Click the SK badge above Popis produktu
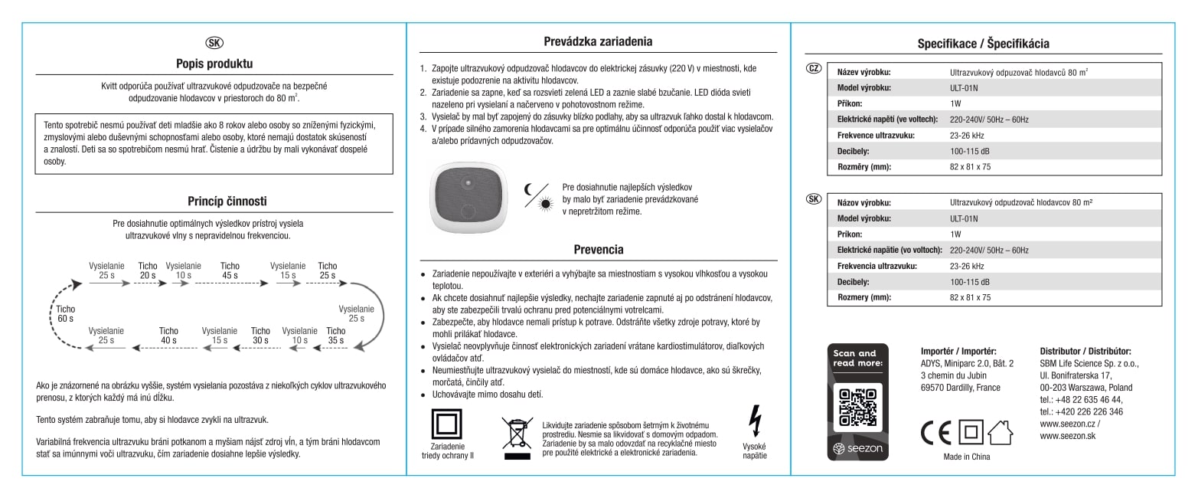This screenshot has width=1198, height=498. [215, 42]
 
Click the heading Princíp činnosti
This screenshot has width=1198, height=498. [227, 201]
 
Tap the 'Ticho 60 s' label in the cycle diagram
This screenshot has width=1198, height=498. [66, 313]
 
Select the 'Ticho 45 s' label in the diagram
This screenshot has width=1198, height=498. [230, 270]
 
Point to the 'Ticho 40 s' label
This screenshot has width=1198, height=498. [168, 336]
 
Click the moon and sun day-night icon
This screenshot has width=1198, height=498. [537, 195]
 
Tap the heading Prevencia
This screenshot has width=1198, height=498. [599, 249]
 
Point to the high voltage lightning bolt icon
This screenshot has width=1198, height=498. [754, 421]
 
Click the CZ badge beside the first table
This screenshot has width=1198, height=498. [814, 68]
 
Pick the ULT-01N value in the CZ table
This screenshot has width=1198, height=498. [963, 87]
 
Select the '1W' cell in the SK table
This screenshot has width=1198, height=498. [955, 234]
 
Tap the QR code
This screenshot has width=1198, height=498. [857, 407]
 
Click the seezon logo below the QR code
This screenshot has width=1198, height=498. [857, 447]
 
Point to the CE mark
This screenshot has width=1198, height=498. [935, 433]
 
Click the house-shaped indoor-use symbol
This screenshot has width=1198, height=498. [1000, 433]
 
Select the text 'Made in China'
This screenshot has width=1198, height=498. [966, 457]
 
